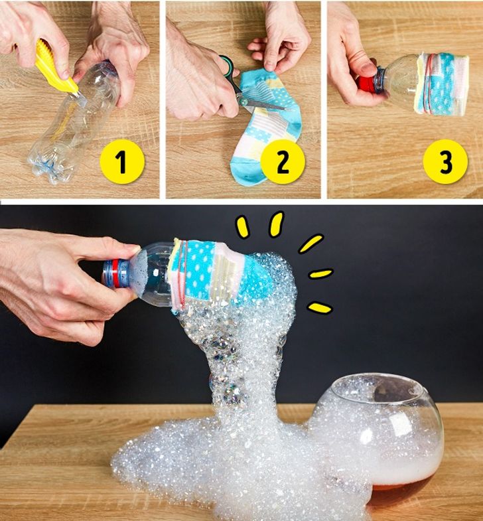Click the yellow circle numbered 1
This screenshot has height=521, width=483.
pyautogui.click(x=122, y=162)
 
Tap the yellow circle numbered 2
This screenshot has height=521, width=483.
pyautogui.click(x=283, y=162)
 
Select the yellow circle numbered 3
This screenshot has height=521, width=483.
pyautogui.click(x=445, y=162)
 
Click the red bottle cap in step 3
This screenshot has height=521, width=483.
pyautogui.click(x=366, y=84)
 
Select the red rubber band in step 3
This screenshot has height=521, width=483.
pyautogui.click(x=429, y=82)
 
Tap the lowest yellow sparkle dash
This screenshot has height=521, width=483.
pyautogui.click(x=320, y=307)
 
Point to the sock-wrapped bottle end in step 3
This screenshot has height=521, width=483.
pyautogui.click(x=441, y=85)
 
